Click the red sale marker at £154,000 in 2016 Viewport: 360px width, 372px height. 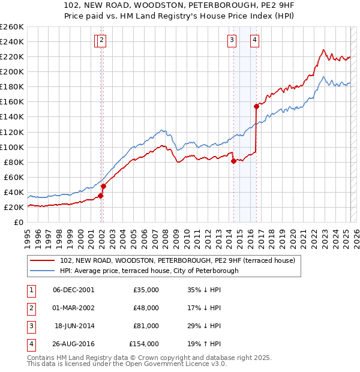(x=256, y=106)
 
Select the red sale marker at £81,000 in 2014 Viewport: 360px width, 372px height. (x=233, y=161)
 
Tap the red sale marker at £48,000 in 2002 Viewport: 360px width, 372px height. (x=103, y=186)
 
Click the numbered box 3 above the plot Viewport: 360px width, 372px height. (x=232, y=40)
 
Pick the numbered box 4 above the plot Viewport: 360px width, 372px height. (x=254, y=40)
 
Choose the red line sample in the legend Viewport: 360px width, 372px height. (x=43, y=261)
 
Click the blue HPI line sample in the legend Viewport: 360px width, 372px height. (x=43, y=271)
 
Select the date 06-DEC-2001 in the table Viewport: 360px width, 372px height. (x=73, y=290)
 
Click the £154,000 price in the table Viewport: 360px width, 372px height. (x=144, y=344)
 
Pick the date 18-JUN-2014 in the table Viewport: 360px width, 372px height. (x=74, y=326)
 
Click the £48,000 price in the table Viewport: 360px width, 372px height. (x=146, y=308)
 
